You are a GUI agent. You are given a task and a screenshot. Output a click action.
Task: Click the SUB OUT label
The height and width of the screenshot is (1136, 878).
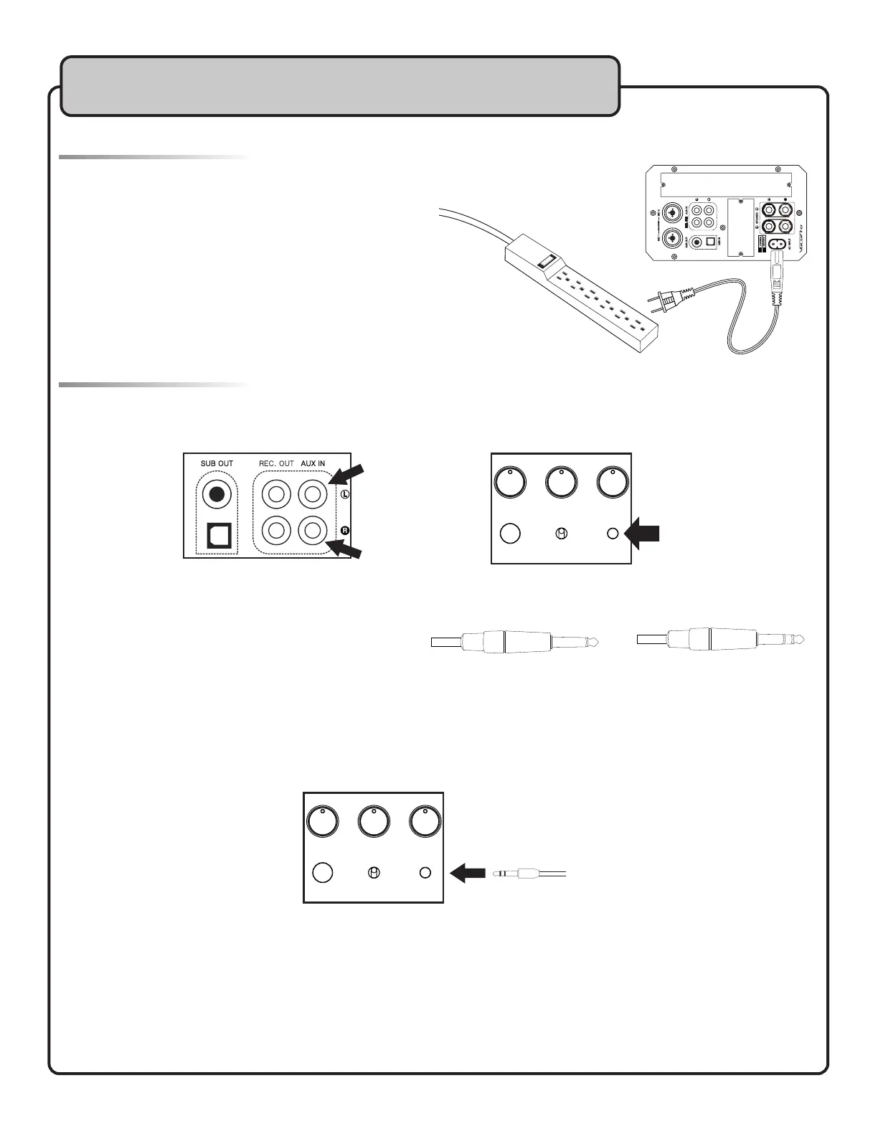coord(217,463)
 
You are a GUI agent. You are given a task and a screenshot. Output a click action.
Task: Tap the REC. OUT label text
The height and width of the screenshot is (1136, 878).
coord(276,463)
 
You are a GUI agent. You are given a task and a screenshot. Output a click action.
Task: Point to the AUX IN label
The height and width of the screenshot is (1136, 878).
coord(313,463)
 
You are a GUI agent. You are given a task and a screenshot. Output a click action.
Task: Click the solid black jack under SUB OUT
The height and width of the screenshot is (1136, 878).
coord(217,494)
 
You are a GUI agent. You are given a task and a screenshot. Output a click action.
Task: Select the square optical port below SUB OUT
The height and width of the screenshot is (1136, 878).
coord(218,534)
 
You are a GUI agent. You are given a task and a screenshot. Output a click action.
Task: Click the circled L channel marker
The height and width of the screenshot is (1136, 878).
coord(344,495)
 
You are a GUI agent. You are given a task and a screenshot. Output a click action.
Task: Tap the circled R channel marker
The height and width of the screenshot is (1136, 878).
coord(344,531)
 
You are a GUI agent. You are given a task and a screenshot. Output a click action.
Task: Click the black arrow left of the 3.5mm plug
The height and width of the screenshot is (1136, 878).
coord(468,874)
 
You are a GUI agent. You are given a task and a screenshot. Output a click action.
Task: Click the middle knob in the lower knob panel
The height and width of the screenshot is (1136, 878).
coord(374,822)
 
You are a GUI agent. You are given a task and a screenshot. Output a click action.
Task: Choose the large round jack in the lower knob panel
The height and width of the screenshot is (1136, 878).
coord(324,873)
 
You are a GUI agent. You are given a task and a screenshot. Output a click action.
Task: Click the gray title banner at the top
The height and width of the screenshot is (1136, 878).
coord(340,86)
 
